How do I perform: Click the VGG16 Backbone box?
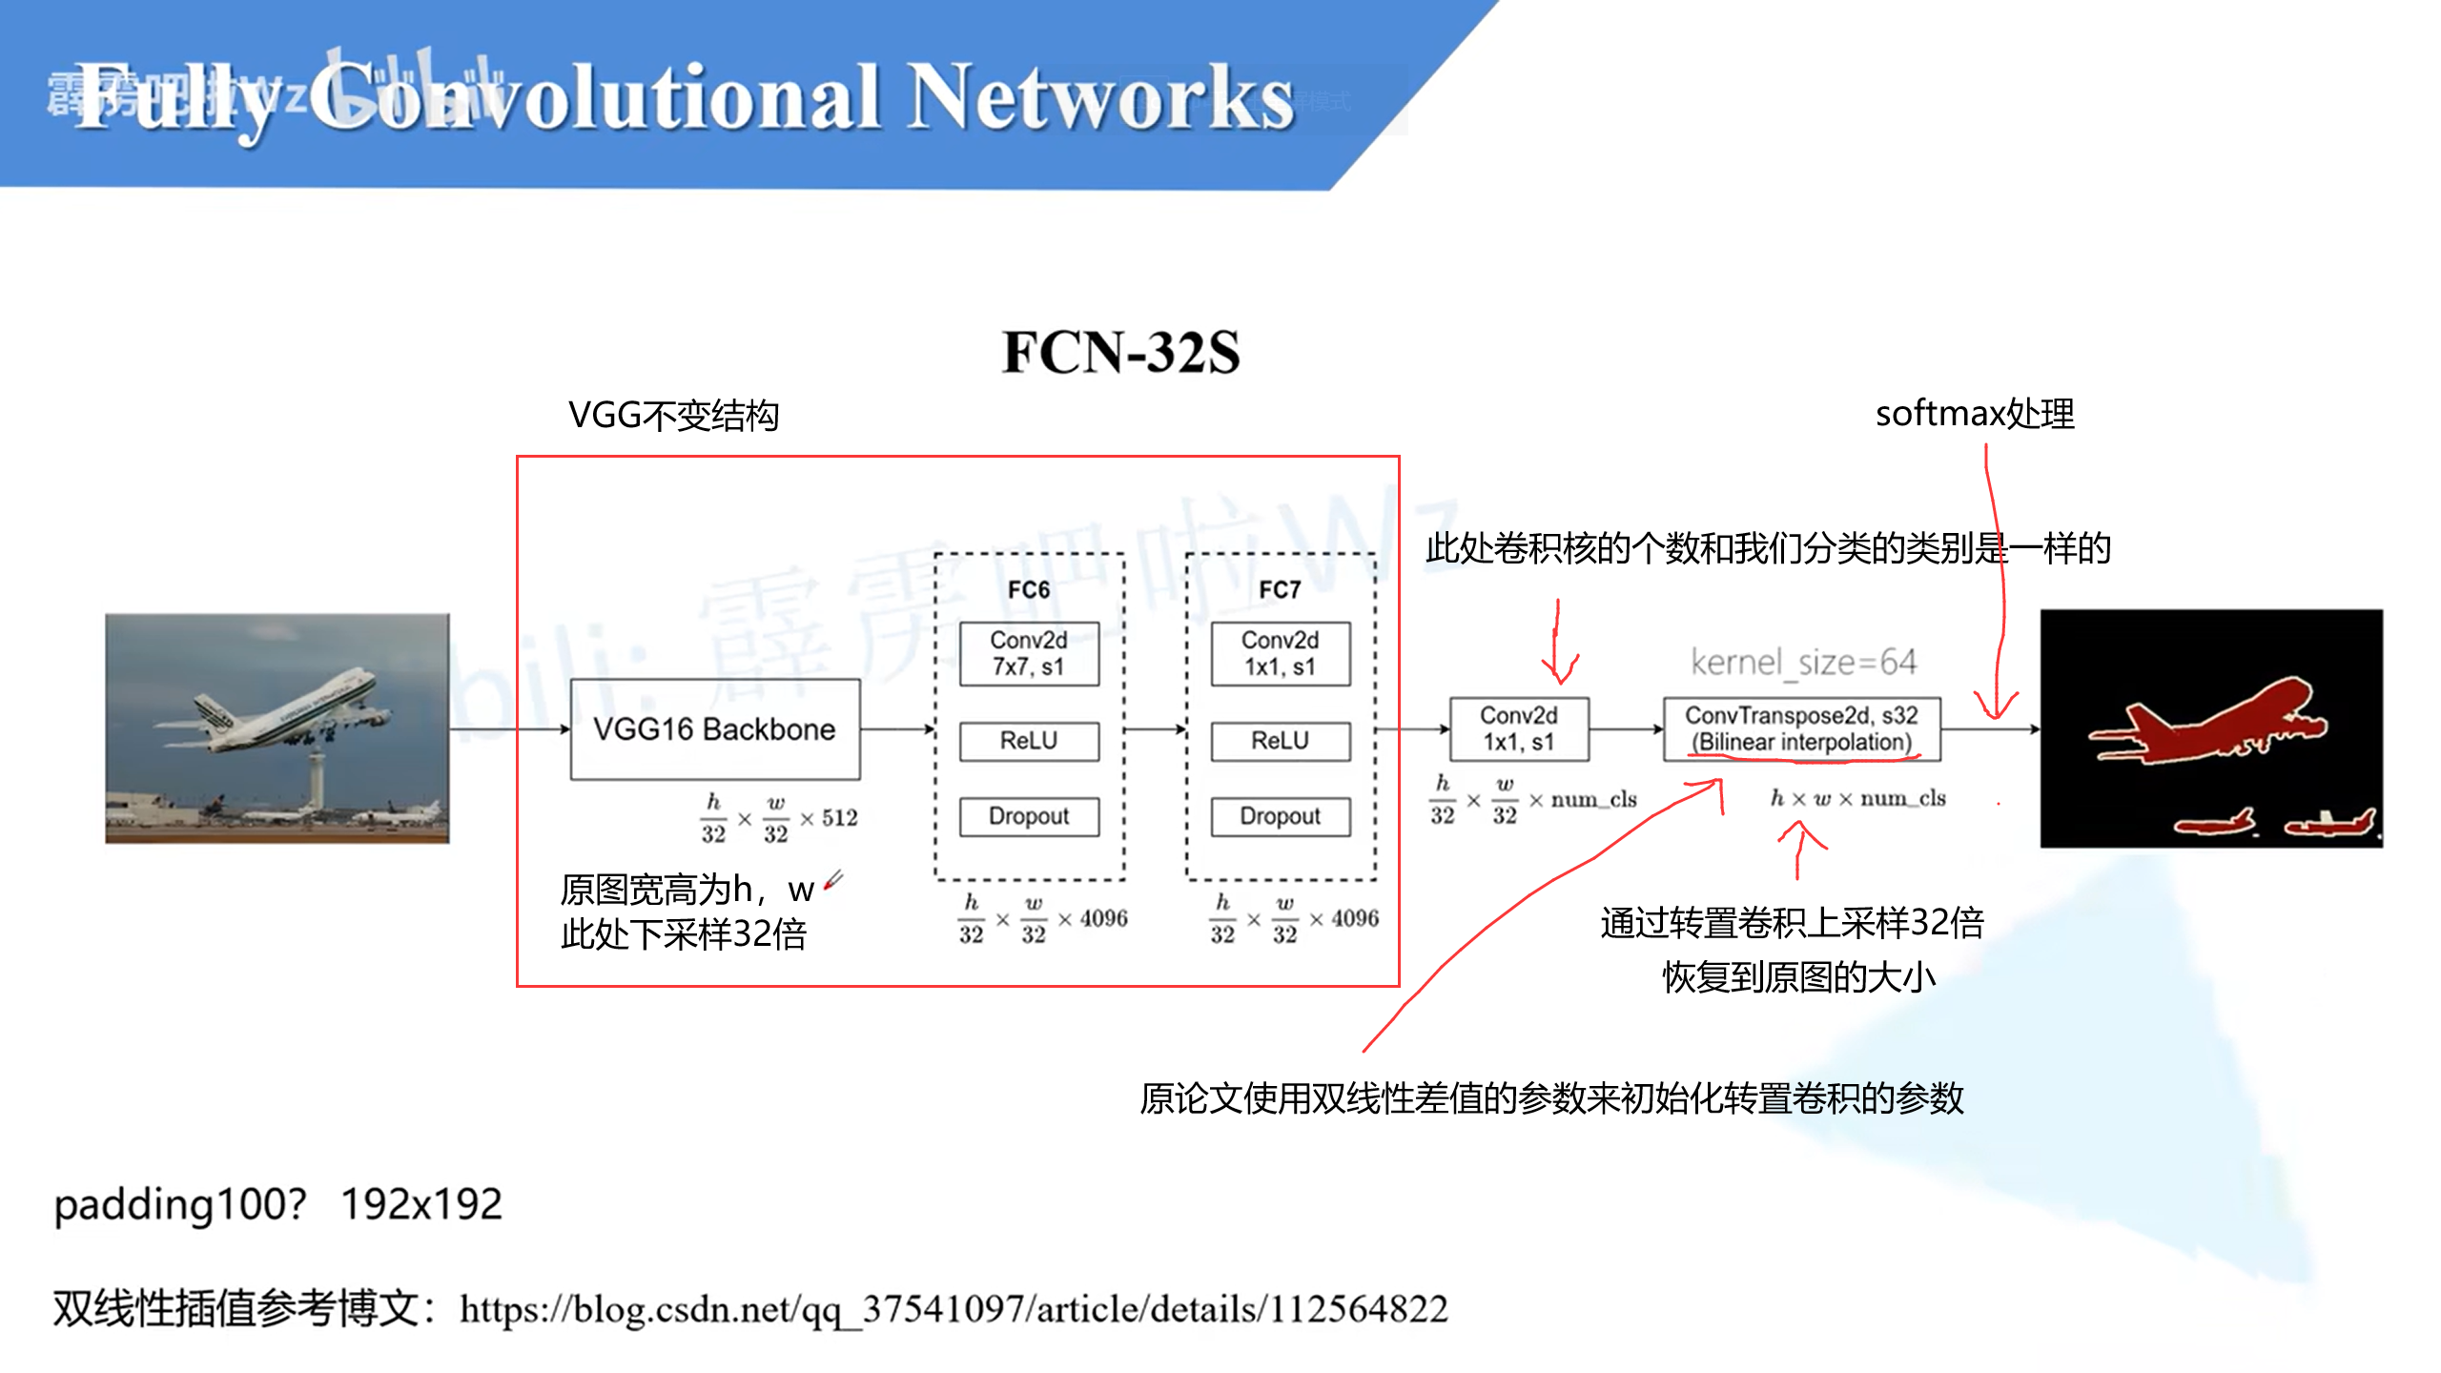tap(714, 729)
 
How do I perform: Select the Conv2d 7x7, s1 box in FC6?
tap(1028, 653)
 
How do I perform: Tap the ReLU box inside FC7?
tap(1280, 741)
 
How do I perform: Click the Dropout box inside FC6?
tap(1028, 816)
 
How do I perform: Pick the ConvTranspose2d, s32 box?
tap(1800, 728)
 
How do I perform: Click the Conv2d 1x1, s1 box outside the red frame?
tap(1518, 728)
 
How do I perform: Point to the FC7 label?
tap(1279, 590)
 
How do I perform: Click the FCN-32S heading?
tap(1120, 352)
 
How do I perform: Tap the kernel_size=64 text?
tap(1802, 662)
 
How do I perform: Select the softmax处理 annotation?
tap(1974, 414)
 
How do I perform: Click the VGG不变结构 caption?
tap(673, 416)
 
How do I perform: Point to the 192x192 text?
tap(421, 1204)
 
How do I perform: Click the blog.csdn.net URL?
tap(954, 1309)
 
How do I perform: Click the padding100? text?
tap(180, 1204)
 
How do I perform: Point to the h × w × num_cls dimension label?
tap(1857, 798)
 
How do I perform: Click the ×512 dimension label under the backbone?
tap(829, 818)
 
